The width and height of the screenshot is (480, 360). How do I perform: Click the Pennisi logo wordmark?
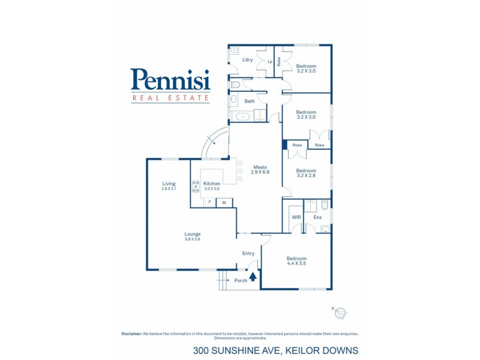170,80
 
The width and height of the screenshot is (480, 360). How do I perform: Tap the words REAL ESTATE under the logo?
170,98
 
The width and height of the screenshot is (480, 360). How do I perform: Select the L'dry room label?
247,60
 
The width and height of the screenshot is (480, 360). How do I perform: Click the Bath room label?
249,101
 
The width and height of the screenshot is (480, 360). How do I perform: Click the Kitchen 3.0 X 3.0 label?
212,186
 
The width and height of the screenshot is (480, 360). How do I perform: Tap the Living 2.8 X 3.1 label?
169,186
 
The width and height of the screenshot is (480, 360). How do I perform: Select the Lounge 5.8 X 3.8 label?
193,236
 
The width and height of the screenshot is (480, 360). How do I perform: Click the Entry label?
248,253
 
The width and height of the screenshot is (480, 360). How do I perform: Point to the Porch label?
241,280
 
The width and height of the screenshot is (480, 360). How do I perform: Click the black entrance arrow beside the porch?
253,277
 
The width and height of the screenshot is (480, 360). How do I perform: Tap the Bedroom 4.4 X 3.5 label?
296,261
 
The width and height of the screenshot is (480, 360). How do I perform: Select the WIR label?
296,217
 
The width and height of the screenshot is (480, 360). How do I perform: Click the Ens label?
317,217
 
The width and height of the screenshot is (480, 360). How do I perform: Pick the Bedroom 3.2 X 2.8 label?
306,173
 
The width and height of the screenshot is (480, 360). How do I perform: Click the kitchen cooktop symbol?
196,187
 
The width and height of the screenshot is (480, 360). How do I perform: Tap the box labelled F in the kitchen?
209,203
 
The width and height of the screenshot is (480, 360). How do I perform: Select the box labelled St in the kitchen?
224,203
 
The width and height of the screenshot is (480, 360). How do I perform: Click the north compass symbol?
341,313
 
